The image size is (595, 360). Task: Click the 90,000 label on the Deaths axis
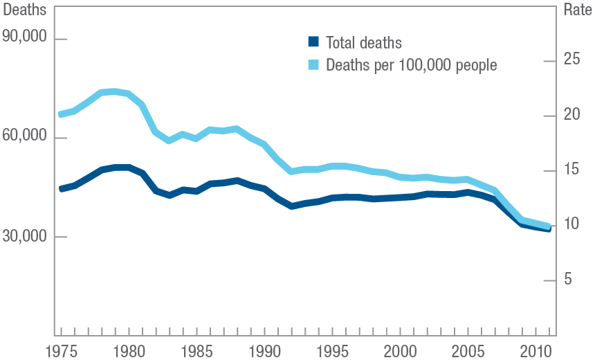click(25, 39)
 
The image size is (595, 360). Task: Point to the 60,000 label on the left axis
click(25, 138)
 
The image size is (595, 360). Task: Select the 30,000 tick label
click(25, 237)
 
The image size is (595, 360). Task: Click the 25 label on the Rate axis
click(571, 61)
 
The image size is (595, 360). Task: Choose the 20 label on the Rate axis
click(571, 116)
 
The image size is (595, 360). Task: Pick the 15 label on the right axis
click(571, 170)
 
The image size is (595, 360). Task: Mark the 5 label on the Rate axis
click(568, 280)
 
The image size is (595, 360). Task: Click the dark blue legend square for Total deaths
click(313, 43)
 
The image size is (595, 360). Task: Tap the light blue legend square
click(313, 65)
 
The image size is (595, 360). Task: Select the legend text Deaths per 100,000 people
click(411, 65)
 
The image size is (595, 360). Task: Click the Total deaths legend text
click(363, 43)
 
